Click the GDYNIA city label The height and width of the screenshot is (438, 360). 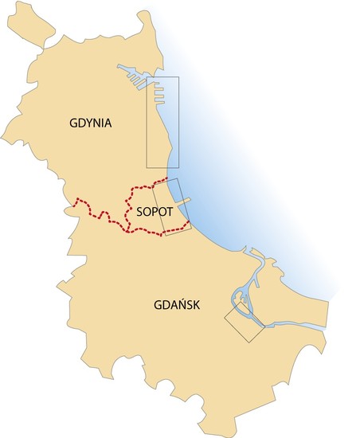90,123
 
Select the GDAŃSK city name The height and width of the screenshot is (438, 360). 177,304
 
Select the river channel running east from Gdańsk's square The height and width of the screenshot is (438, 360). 295,324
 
